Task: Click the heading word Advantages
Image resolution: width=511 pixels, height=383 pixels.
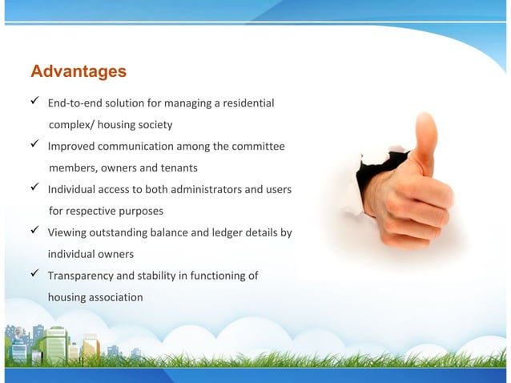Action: tap(78, 71)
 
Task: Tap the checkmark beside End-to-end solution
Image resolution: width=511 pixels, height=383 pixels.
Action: tap(36, 103)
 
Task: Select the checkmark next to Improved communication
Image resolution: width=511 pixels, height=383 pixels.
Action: tap(36, 146)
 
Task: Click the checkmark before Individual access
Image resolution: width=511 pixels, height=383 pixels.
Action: tap(36, 189)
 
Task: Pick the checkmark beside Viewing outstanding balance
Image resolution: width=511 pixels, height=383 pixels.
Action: tap(36, 232)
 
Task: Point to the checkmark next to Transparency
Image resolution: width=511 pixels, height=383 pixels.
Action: tap(36, 275)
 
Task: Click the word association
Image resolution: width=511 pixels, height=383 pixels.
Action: tap(112, 297)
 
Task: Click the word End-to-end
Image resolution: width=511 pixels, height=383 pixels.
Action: tap(75, 103)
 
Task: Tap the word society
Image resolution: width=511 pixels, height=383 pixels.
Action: tap(154, 125)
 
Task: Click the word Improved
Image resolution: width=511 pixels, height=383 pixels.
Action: tap(72, 147)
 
